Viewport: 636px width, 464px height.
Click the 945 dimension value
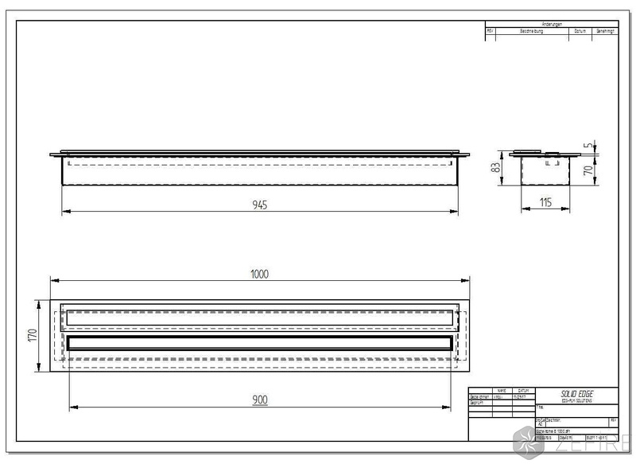pyautogui.click(x=260, y=205)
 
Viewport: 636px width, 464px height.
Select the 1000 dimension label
pyautogui.click(x=260, y=274)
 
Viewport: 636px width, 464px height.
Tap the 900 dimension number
pyautogui.click(x=260, y=400)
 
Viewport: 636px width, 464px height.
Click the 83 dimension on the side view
pyautogui.click(x=494, y=169)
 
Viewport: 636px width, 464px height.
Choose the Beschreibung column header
pyautogui.click(x=533, y=31)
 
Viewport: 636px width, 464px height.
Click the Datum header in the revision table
pyautogui.click(x=580, y=31)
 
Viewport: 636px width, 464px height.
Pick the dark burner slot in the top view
pyautogui.click(x=260, y=343)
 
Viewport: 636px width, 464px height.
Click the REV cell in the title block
pyautogui.click(x=612, y=419)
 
